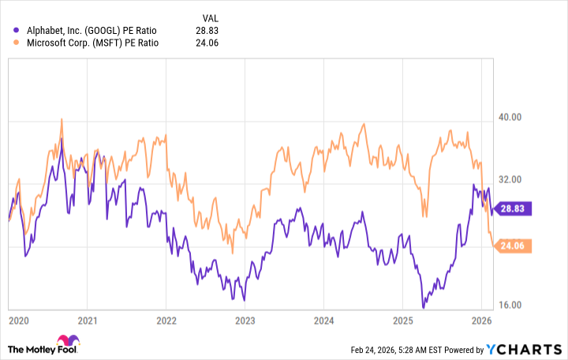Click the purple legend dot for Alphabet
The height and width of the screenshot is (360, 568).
coord(18,30)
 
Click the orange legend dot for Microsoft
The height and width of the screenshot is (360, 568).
coord(18,43)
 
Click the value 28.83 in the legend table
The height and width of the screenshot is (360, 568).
coord(206,30)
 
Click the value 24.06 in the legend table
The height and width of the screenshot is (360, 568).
coord(206,43)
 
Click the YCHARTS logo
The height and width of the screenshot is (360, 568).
coord(529,349)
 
